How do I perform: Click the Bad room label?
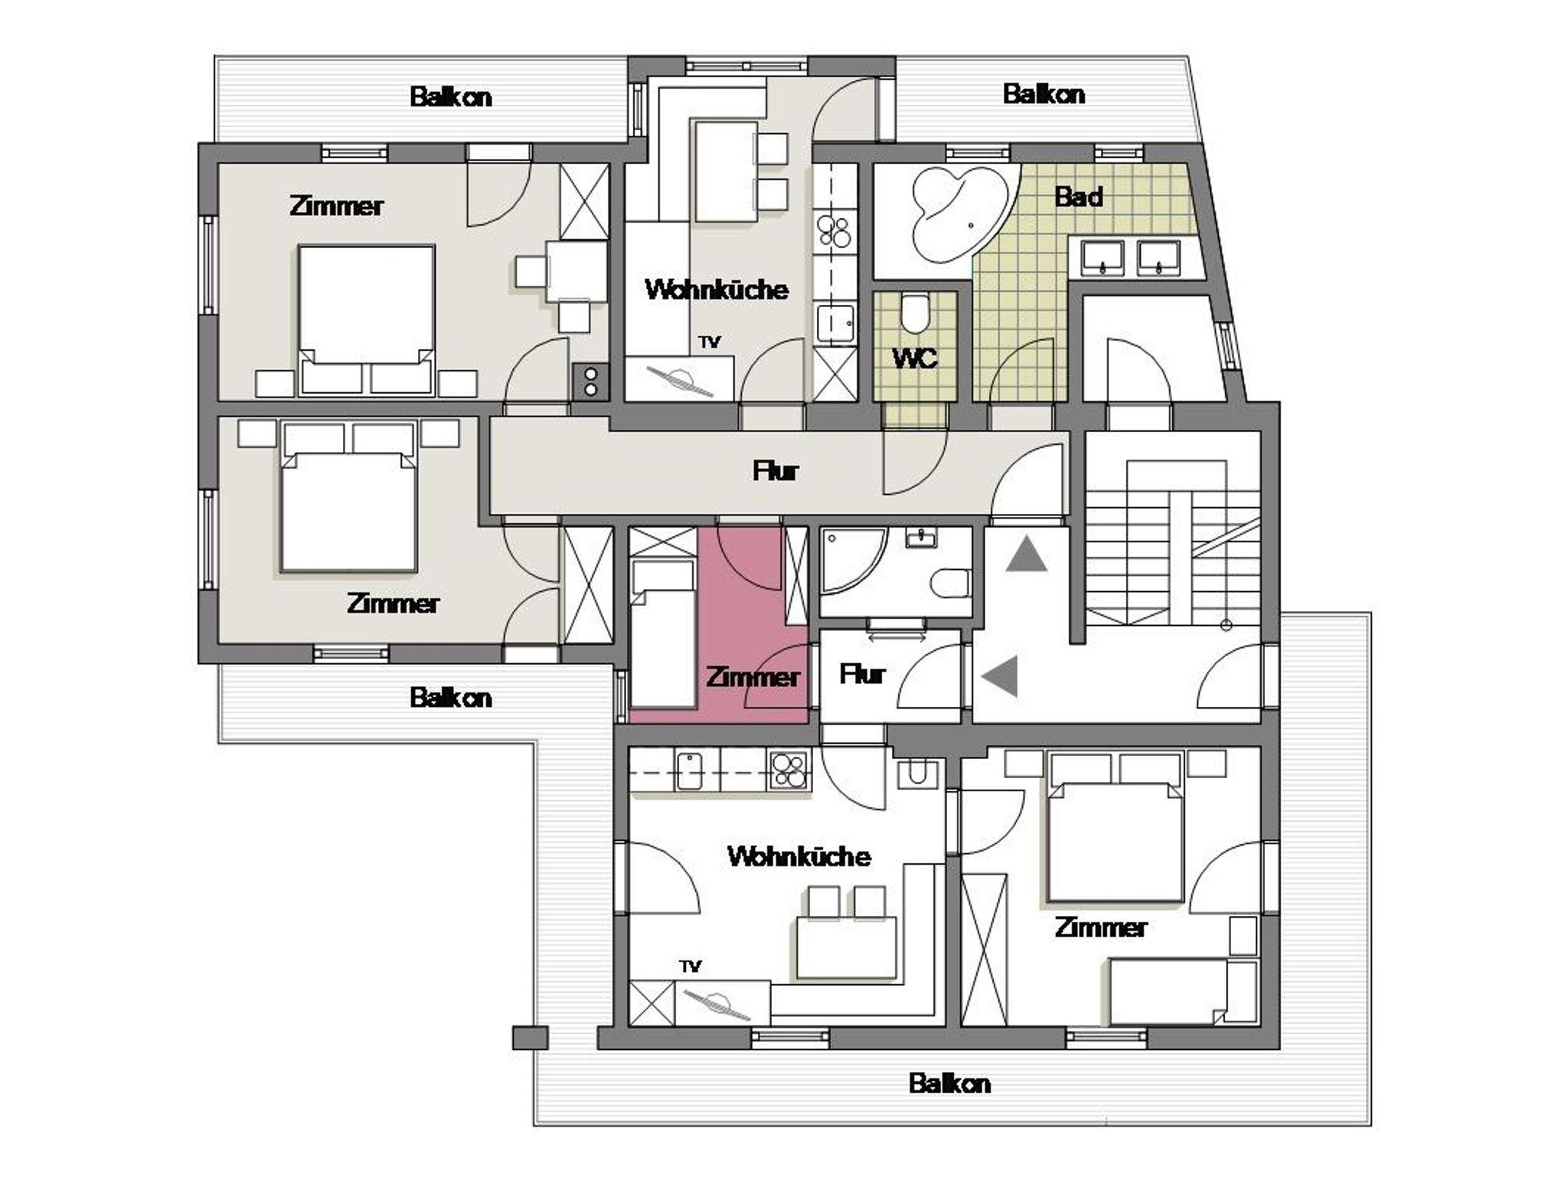click(1079, 197)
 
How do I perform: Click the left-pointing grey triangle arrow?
click(1000, 676)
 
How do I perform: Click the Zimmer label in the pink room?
click(752, 677)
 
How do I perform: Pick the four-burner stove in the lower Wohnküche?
click(789, 769)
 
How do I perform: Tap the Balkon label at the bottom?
click(949, 1083)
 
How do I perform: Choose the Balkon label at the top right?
click(1044, 94)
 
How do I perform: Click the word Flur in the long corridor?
click(776, 470)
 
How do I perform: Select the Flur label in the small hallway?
click(862, 674)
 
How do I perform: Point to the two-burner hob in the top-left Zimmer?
click(590, 381)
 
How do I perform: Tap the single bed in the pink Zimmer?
click(662, 633)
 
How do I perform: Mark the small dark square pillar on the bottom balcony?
click(530, 1037)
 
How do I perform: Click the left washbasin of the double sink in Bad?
click(1102, 257)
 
